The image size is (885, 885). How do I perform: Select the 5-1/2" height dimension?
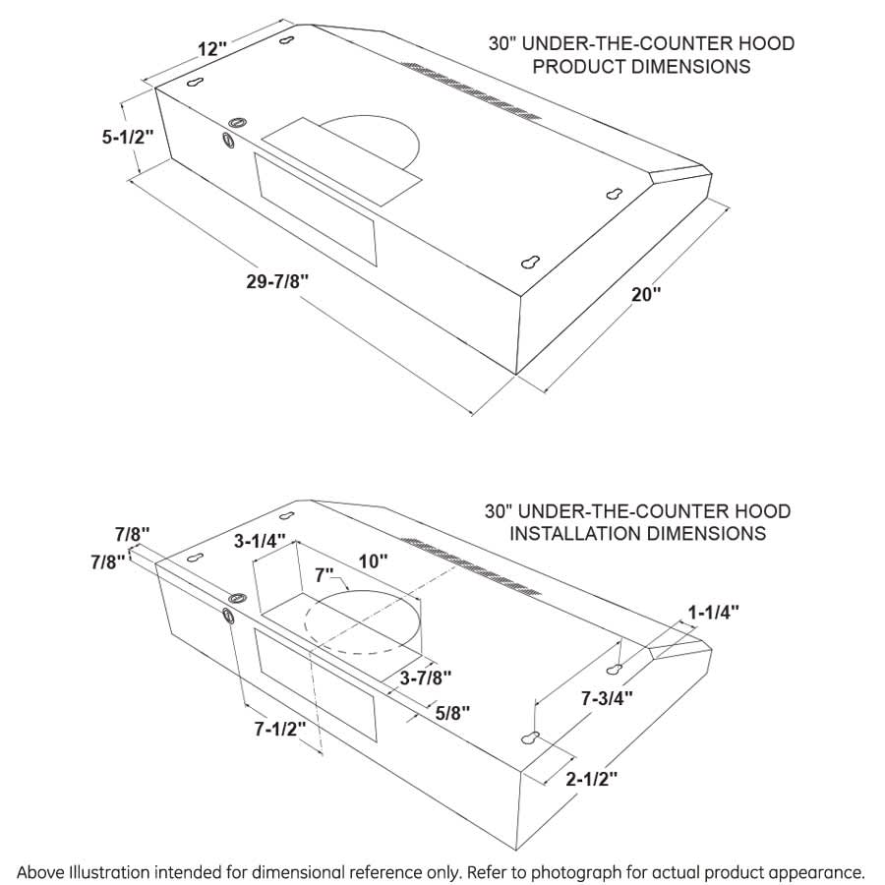pyautogui.click(x=128, y=137)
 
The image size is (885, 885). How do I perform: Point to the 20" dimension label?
pyautogui.click(x=646, y=294)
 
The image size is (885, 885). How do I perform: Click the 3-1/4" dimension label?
pyautogui.click(x=260, y=541)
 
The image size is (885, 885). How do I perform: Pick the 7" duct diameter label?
pyautogui.click(x=324, y=572)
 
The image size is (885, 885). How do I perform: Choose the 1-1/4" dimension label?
pyautogui.click(x=712, y=612)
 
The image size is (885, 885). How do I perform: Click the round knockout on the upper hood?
pyautogui.click(x=235, y=123)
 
